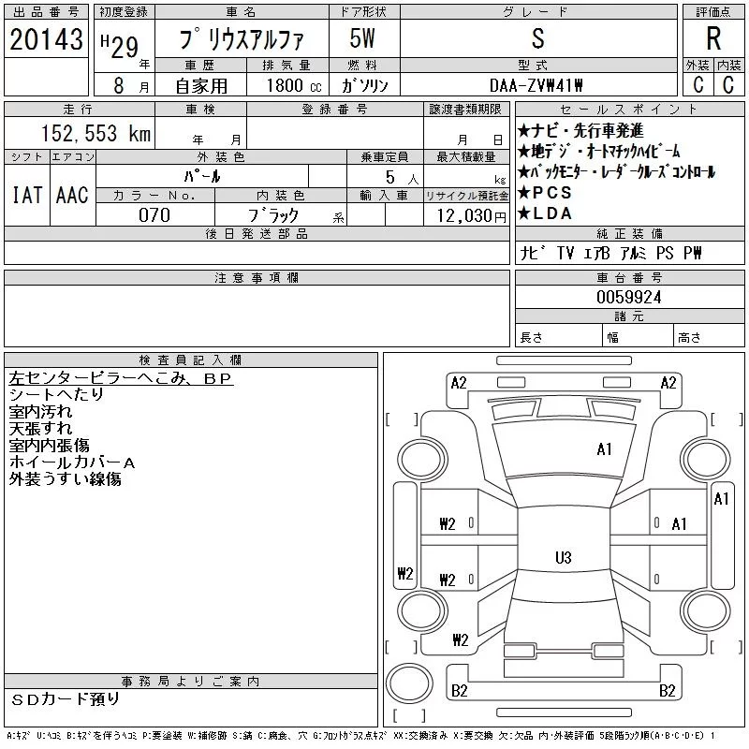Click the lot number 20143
click(46, 39)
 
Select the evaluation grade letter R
click(713, 38)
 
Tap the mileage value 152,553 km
click(95, 133)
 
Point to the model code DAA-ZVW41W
click(536, 85)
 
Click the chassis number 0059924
click(629, 297)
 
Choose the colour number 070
click(154, 215)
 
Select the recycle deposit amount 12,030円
click(472, 216)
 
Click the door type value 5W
click(362, 38)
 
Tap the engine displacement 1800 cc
click(294, 85)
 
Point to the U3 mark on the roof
click(564, 557)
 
